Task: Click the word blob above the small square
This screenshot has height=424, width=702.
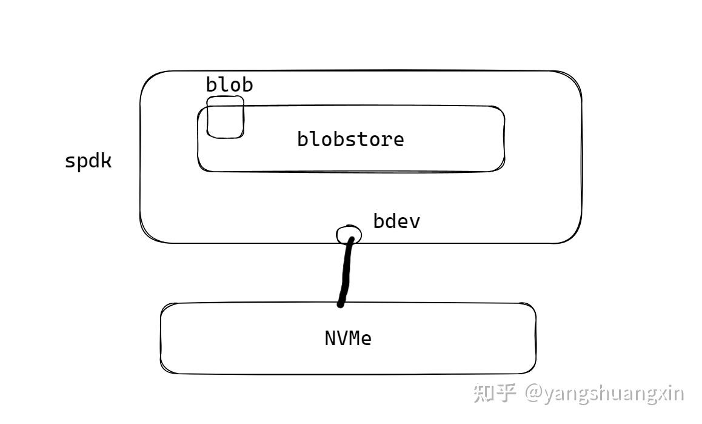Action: tap(229, 84)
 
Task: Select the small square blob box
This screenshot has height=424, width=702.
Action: tap(225, 116)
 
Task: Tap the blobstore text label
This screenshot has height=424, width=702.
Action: tap(350, 139)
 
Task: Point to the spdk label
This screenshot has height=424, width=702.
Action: tap(89, 161)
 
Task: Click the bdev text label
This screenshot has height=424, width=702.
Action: tap(396, 221)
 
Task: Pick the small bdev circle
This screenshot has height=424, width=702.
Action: tap(349, 234)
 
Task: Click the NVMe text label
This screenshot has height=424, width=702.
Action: tap(348, 338)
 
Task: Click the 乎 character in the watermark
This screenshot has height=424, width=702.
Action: tap(506, 392)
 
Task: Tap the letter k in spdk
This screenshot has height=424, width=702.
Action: tap(106, 161)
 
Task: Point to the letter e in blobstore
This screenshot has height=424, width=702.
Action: tap(398, 140)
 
